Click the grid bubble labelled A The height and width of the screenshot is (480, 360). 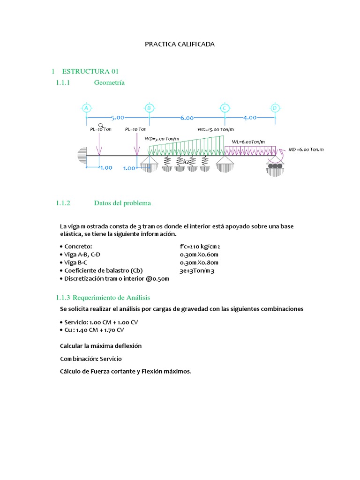86,108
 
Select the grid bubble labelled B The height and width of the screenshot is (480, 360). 149,108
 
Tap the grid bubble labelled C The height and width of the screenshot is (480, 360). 225,108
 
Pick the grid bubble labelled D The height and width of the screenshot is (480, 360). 275,108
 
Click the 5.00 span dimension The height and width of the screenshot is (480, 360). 118,117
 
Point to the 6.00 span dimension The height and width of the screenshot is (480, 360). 187,118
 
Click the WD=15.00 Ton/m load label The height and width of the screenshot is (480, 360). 216,129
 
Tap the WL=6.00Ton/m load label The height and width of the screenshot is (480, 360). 248,142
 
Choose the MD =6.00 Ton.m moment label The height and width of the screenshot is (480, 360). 306,150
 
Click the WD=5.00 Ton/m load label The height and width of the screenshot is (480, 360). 162,139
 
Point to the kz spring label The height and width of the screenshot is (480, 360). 187,162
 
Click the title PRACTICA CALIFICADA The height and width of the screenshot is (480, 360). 180,44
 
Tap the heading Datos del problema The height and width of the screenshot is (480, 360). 122,203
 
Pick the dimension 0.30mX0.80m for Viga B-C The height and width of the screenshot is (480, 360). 199,262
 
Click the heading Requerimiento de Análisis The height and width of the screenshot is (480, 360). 103,298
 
